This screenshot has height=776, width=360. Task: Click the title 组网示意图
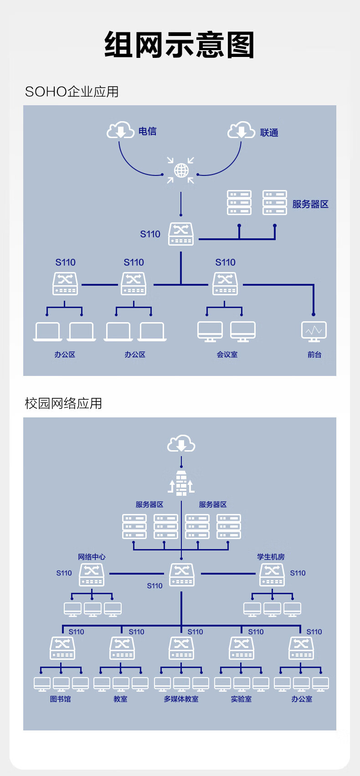[x=180, y=45]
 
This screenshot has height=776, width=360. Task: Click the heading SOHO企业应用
[x=72, y=92]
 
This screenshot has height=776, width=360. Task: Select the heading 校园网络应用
[x=63, y=403]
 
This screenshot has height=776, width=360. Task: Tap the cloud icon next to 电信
[x=120, y=130]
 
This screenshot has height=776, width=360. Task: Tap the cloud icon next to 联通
[x=241, y=130]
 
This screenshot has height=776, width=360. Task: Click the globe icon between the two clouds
[x=181, y=170]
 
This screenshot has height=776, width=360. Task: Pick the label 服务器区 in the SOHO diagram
[x=310, y=204]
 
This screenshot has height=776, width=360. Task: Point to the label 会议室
[x=227, y=355]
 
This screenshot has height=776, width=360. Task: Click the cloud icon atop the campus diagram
[x=181, y=444]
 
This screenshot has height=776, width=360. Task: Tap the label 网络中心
[x=92, y=557]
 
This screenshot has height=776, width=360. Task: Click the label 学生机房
[x=271, y=557]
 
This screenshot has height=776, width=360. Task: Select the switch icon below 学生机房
[x=272, y=575]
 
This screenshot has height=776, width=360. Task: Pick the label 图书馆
[x=61, y=699]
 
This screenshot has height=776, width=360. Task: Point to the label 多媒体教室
[x=181, y=699]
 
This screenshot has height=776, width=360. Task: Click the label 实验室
[x=241, y=699]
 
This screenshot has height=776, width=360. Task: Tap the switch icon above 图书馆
[x=62, y=648]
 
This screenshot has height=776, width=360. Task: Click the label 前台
[x=314, y=355]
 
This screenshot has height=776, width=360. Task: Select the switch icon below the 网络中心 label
[x=92, y=575]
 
